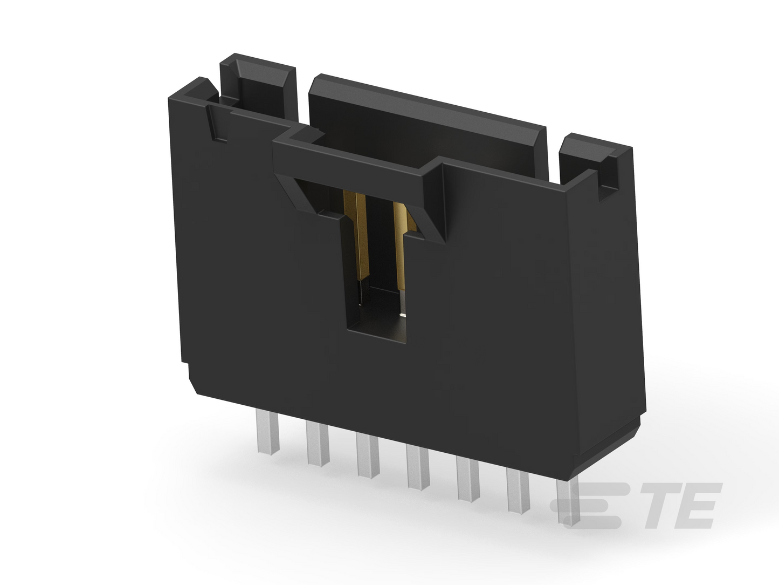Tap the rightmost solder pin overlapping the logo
pyautogui.click(x=569, y=501)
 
